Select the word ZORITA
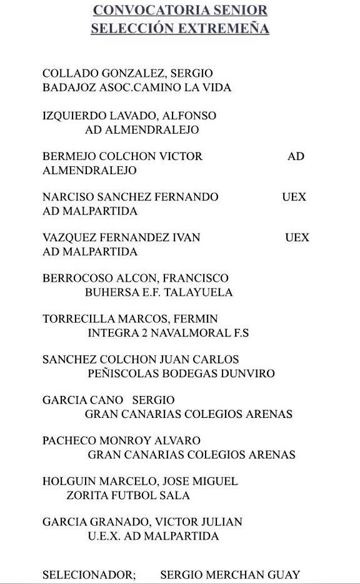87,495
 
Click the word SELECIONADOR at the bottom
88,575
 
